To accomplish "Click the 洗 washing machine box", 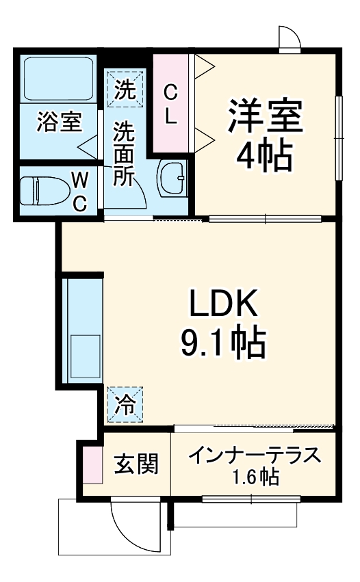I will click(x=125, y=89).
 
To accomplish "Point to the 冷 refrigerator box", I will click(x=125, y=404).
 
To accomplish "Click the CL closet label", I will click(x=171, y=103).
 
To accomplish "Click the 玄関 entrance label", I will click(x=136, y=464).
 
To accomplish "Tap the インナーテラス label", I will click(x=254, y=455).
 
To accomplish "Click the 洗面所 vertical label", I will click(x=125, y=154).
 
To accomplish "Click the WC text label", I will click(x=80, y=192).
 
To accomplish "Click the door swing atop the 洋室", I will click(x=290, y=38).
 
